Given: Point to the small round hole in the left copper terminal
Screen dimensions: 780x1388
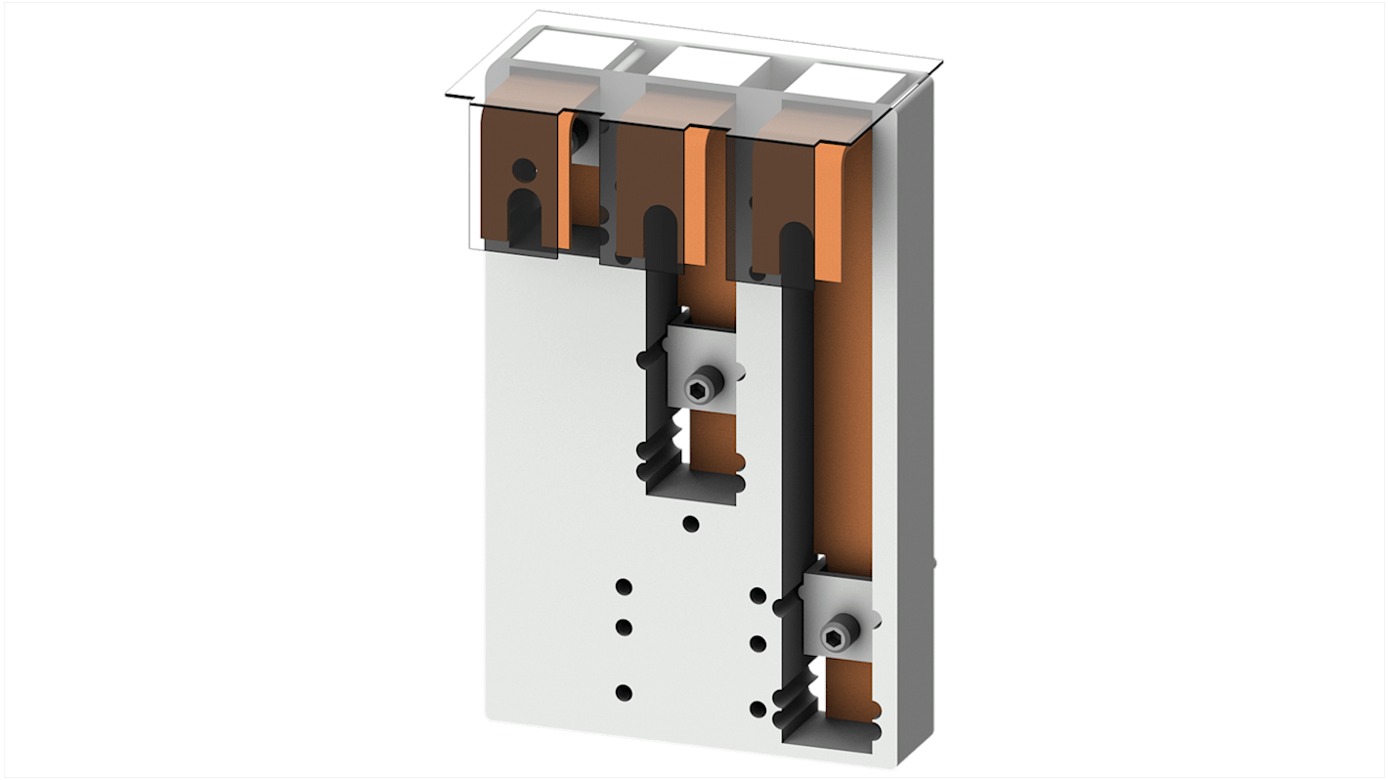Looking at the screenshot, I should [x=524, y=168].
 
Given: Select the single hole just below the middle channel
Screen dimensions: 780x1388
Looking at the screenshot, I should [x=691, y=524].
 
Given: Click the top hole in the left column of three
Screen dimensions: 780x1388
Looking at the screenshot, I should [x=624, y=587].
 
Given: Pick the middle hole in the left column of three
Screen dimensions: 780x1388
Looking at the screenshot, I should [x=624, y=627].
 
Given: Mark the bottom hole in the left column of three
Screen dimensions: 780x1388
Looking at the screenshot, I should [x=624, y=692].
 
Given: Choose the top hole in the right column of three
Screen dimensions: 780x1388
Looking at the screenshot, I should [x=758, y=594].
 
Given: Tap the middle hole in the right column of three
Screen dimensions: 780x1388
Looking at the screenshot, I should [x=758, y=643].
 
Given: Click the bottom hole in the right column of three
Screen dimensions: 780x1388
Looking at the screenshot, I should [x=758, y=709].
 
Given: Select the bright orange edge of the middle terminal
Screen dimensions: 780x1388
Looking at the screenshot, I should [x=694, y=195].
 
